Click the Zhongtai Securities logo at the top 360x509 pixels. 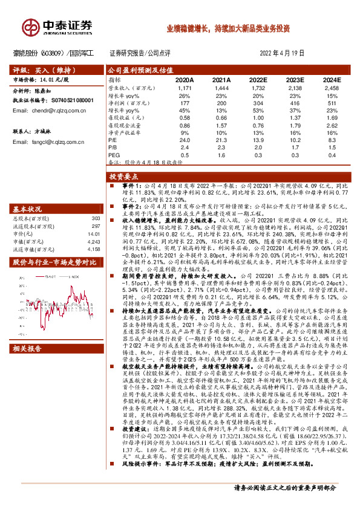click(x=58, y=26)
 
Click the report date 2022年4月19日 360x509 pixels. click(x=278, y=53)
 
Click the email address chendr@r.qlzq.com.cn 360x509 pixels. click(x=50, y=111)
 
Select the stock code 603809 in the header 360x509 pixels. click(x=54, y=53)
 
